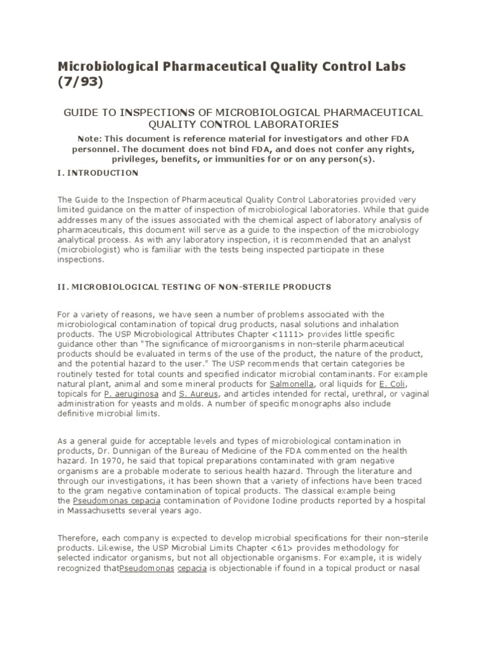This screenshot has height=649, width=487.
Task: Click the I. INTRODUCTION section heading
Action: tap(98, 172)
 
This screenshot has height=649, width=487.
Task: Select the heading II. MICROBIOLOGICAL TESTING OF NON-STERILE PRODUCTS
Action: tap(195, 286)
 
